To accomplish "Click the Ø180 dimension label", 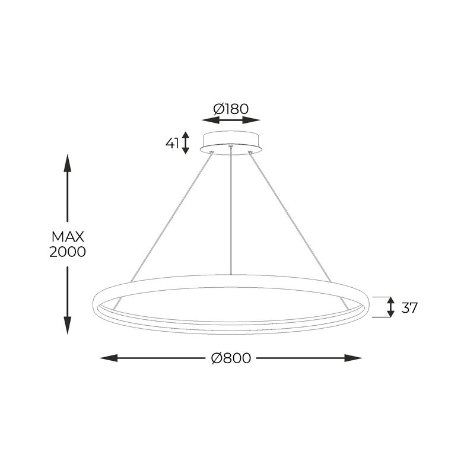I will (x=231, y=109).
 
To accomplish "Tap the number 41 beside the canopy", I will (x=173, y=143).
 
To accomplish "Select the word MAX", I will (x=67, y=236).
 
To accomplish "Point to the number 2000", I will (x=68, y=252).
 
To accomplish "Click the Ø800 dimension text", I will (x=231, y=358).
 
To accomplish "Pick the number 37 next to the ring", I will (x=409, y=307).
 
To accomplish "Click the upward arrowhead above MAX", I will (x=68, y=162).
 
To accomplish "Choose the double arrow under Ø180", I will (x=231, y=120).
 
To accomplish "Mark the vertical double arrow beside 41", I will (x=186, y=143).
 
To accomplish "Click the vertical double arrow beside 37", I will (x=390, y=307).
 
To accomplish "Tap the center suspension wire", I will (x=230, y=214).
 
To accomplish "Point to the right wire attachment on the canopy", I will (x=250, y=153).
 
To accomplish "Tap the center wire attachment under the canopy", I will (x=230, y=146).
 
